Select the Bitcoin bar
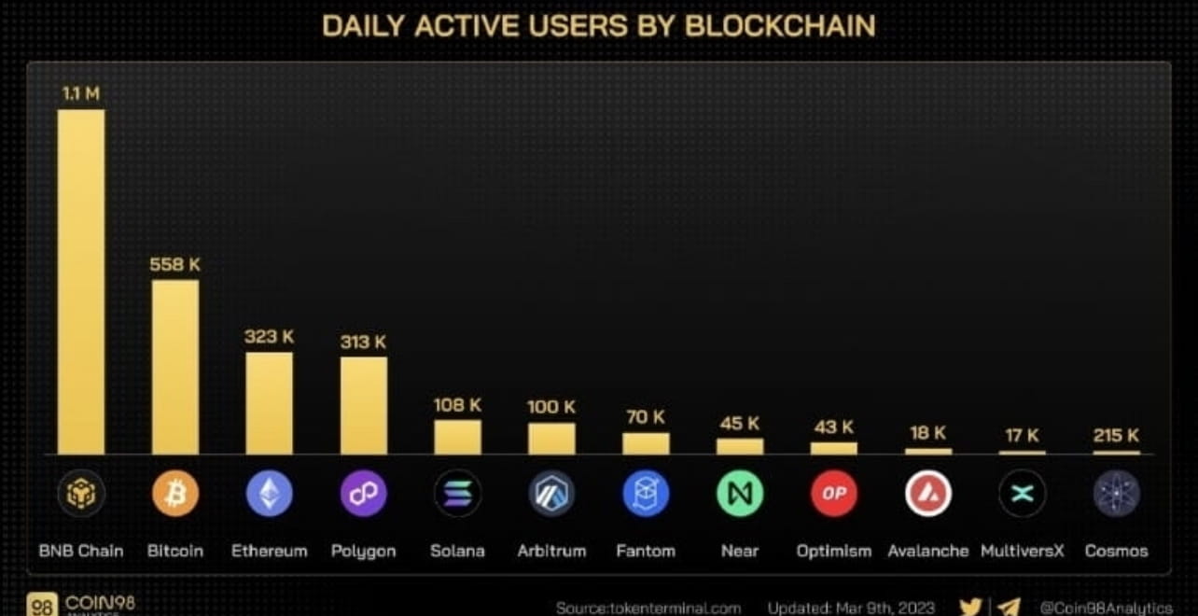175,367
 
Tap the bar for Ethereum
269,403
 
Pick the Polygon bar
363,405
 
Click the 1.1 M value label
81,93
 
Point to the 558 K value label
174,264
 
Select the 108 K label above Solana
457,405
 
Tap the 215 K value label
1116,435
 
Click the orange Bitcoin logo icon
175,494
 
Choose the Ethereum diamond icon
269,494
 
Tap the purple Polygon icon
363,494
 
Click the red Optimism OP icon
833,494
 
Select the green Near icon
739,494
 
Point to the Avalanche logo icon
927,494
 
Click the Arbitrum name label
551,551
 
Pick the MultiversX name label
1022,551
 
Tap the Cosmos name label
1116,551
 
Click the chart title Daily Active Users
598,26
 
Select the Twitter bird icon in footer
970,607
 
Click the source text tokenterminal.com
648,608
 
